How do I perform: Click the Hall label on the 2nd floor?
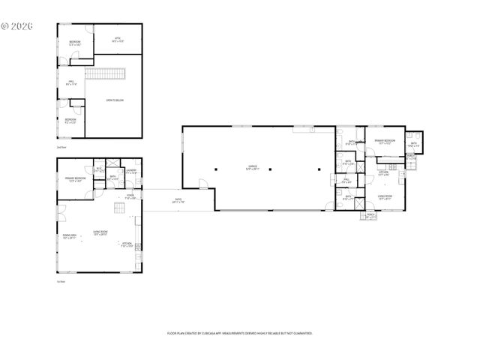coord(71,84)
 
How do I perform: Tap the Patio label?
coord(177,200)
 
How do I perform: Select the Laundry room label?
coord(130,172)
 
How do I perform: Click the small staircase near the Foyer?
coord(118,208)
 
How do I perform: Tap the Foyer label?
coord(129,196)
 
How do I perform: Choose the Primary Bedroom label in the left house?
coord(74,179)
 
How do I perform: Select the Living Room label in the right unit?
coord(385,198)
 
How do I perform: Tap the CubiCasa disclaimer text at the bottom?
coord(239,333)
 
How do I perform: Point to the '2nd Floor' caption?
coord(61,147)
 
